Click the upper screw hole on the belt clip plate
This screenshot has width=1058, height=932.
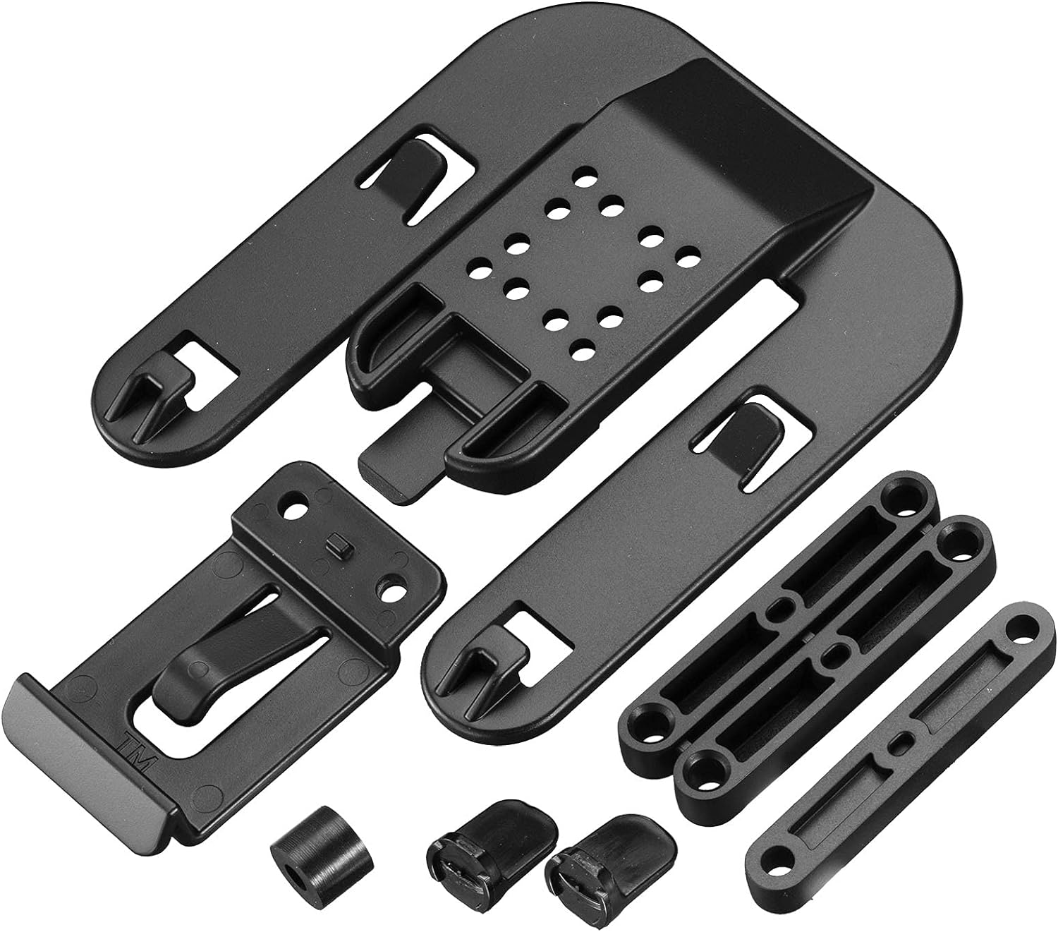coord(294,507)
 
